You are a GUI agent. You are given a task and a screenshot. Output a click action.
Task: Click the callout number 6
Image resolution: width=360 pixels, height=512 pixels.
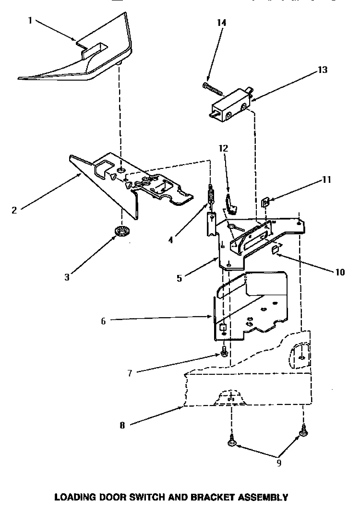[x=103, y=322]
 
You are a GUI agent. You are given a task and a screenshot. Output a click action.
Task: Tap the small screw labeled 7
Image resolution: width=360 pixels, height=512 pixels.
[x=224, y=354]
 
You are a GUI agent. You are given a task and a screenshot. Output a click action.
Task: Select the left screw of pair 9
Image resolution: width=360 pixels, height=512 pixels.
[x=231, y=443]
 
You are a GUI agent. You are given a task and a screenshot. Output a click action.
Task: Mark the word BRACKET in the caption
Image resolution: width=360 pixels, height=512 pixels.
[x=209, y=497]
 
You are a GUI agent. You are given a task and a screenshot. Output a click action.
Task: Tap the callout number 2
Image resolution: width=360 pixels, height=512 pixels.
[x=14, y=210]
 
